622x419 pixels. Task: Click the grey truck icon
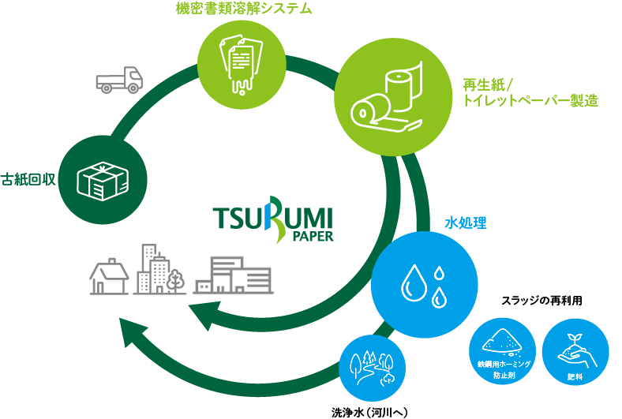point(119,80)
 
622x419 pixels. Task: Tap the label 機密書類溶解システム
point(244,9)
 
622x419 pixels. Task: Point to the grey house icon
point(109,275)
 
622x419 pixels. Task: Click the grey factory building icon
point(233,275)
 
